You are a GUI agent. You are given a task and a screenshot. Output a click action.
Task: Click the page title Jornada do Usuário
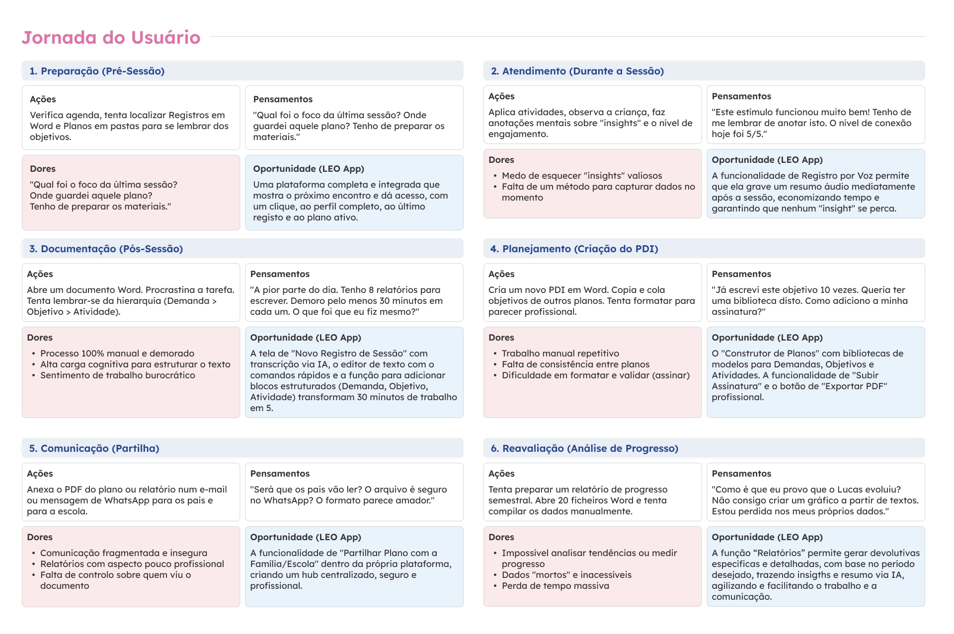tap(111, 38)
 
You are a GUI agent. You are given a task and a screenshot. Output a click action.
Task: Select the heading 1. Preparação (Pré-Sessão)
tap(97, 71)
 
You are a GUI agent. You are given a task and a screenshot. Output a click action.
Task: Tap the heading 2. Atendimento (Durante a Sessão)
tap(577, 71)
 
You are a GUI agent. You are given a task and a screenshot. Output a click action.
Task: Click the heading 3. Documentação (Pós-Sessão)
tap(106, 249)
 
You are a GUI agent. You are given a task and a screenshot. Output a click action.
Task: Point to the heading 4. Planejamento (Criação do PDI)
tap(574, 249)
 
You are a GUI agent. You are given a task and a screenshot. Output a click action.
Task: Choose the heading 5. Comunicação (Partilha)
tap(94, 448)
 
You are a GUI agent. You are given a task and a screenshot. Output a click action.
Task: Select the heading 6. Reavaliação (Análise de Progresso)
tap(584, 448)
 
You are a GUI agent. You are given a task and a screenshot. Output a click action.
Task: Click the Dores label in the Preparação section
tap(43, 169)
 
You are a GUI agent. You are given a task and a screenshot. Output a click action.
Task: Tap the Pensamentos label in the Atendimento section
tap(741, 96)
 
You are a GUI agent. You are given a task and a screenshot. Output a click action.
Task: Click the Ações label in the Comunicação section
tap(40, 474)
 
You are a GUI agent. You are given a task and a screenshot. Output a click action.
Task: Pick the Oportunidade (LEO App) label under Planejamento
tap(767, 338)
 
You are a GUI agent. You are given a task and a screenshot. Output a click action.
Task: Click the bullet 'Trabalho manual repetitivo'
tap(560, 353)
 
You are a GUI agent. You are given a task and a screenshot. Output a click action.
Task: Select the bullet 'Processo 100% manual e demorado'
tap(117, 353)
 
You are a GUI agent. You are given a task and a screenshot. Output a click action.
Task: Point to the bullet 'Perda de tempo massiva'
tap(555, 586)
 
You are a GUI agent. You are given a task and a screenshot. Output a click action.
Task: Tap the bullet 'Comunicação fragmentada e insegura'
tap(124, 553)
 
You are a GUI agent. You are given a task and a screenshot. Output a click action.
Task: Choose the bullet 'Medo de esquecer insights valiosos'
tap(582, 176)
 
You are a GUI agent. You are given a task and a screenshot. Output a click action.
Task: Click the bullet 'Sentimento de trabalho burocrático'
tap(118, 375)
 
